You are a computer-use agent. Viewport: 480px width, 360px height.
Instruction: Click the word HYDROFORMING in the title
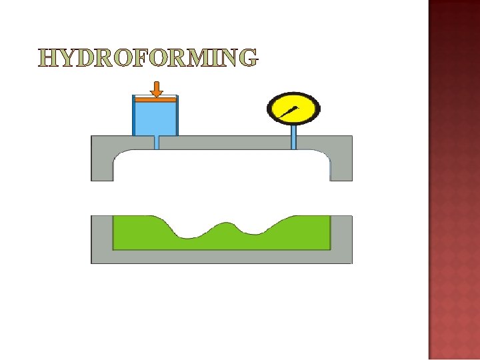pos(147,58)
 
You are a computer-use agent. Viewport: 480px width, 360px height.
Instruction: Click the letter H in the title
pos(48,58)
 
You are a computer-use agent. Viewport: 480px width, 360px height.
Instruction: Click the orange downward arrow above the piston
pos(157,89)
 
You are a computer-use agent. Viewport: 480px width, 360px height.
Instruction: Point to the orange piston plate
pos(155,100)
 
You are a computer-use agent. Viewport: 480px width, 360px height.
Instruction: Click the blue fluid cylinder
pos(155,119)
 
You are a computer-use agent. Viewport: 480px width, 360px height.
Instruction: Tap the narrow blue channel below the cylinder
pos(157,142)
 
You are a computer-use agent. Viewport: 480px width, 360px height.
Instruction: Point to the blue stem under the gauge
pos(293,137)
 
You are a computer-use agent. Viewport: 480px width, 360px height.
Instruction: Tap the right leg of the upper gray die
pos(341,163)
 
